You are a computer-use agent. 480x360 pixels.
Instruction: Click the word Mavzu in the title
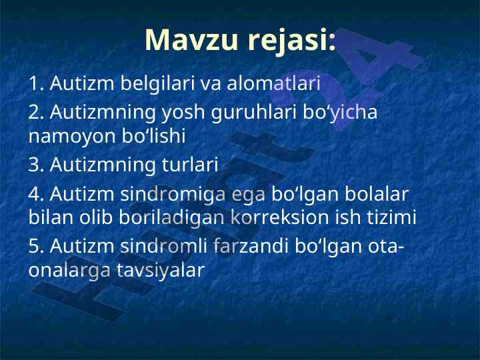pyautogui.click(x=191, y=40)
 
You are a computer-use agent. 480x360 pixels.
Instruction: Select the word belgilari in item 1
pyautogui.click(x=157, y=84)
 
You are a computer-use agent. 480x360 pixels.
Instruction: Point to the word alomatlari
pyautogui.click(x=273, y=83)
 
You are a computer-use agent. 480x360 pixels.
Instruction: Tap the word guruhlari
pyautogui.click(x=254, y=113)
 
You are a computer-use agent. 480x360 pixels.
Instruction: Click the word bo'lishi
pyautogui.click(x=154, y=135)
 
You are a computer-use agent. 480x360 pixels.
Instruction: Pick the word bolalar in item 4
pyautogui.click(x=377, y=194)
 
